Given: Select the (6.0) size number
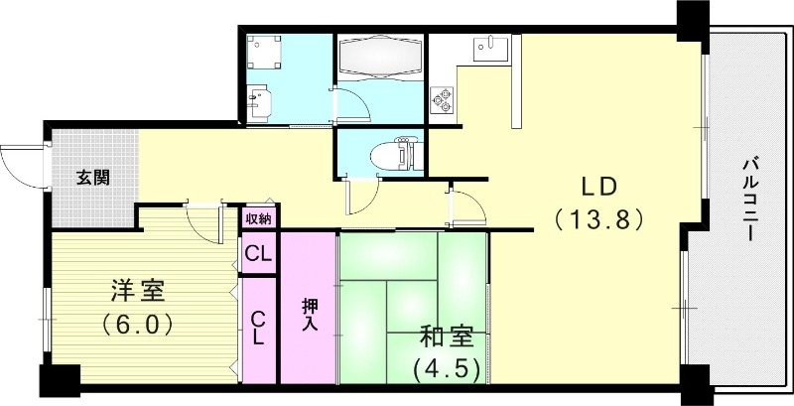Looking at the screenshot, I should pyautogui.click(x=138, y=324).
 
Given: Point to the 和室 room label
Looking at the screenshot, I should pyautogui.click(x=447, y=338).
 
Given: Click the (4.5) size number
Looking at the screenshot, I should pyautogui.click(x=447, y=369).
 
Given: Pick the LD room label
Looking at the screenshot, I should pyautogui.click(x=600, y=186).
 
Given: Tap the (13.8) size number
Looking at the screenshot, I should pyautogui.click(x=600, y=216).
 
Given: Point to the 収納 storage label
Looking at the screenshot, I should pyautogui.click(x=258, y=217).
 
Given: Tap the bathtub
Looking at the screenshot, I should pyautogui.click(x=382, y=58).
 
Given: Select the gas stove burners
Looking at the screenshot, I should pyautogui.click(x=441, y=98).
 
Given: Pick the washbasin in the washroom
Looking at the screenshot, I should pyautogui.click(x=259, y=102).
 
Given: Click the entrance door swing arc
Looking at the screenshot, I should pyautogui.click(x=20, y=164).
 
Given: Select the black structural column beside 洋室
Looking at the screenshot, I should pyautogui.click(x=59, y=381).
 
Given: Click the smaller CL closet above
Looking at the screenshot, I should pyautogui.click(x=258, y=254).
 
